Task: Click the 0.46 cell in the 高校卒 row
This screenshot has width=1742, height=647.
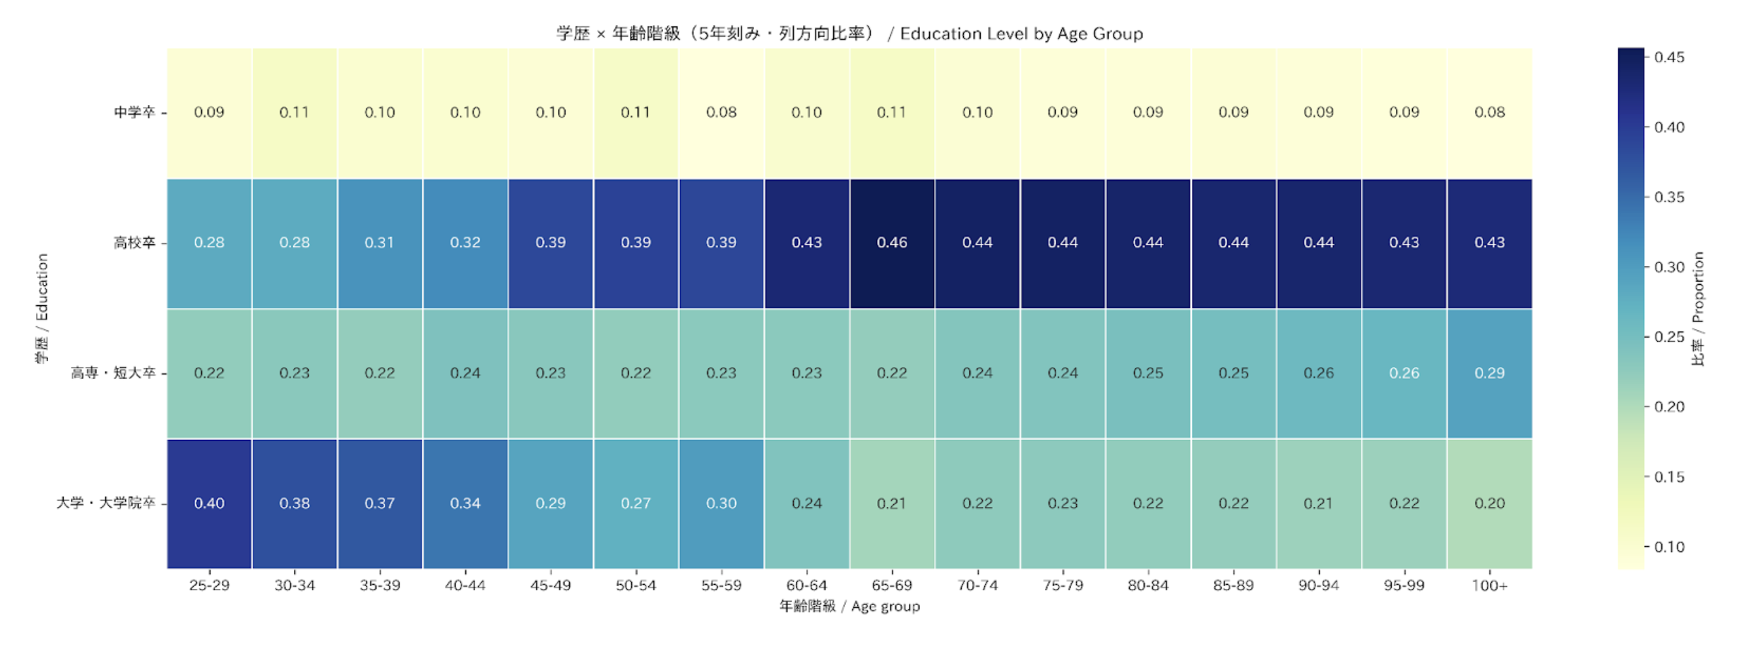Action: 891,243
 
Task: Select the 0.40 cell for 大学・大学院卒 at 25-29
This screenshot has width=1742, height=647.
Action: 209,504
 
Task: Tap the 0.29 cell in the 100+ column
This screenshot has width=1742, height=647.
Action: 1489,373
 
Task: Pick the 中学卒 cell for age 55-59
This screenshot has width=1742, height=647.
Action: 721,112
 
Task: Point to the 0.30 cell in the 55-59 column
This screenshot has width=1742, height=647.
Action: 721,504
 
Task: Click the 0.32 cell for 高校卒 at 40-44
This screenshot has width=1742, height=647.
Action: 465,243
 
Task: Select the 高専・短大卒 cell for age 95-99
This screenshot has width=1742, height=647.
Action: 1403,373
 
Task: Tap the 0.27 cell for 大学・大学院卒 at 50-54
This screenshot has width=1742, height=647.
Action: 635,504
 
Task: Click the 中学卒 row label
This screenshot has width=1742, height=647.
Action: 134,112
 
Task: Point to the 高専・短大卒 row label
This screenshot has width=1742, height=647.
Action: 113,373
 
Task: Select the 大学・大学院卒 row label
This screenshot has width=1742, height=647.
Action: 106,504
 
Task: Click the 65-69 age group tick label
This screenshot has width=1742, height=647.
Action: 891,585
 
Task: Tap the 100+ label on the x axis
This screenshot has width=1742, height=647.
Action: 1489,585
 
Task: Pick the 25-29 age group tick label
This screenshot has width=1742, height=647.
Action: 209,585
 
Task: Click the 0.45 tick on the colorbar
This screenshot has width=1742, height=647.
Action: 1669,58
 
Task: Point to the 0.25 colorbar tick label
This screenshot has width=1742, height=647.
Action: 1669,337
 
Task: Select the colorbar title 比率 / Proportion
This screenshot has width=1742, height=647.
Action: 1697,309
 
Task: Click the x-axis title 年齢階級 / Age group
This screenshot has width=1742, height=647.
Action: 849,606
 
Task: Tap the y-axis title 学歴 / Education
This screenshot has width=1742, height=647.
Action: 42,309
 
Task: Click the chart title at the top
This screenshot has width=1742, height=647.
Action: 849,34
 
